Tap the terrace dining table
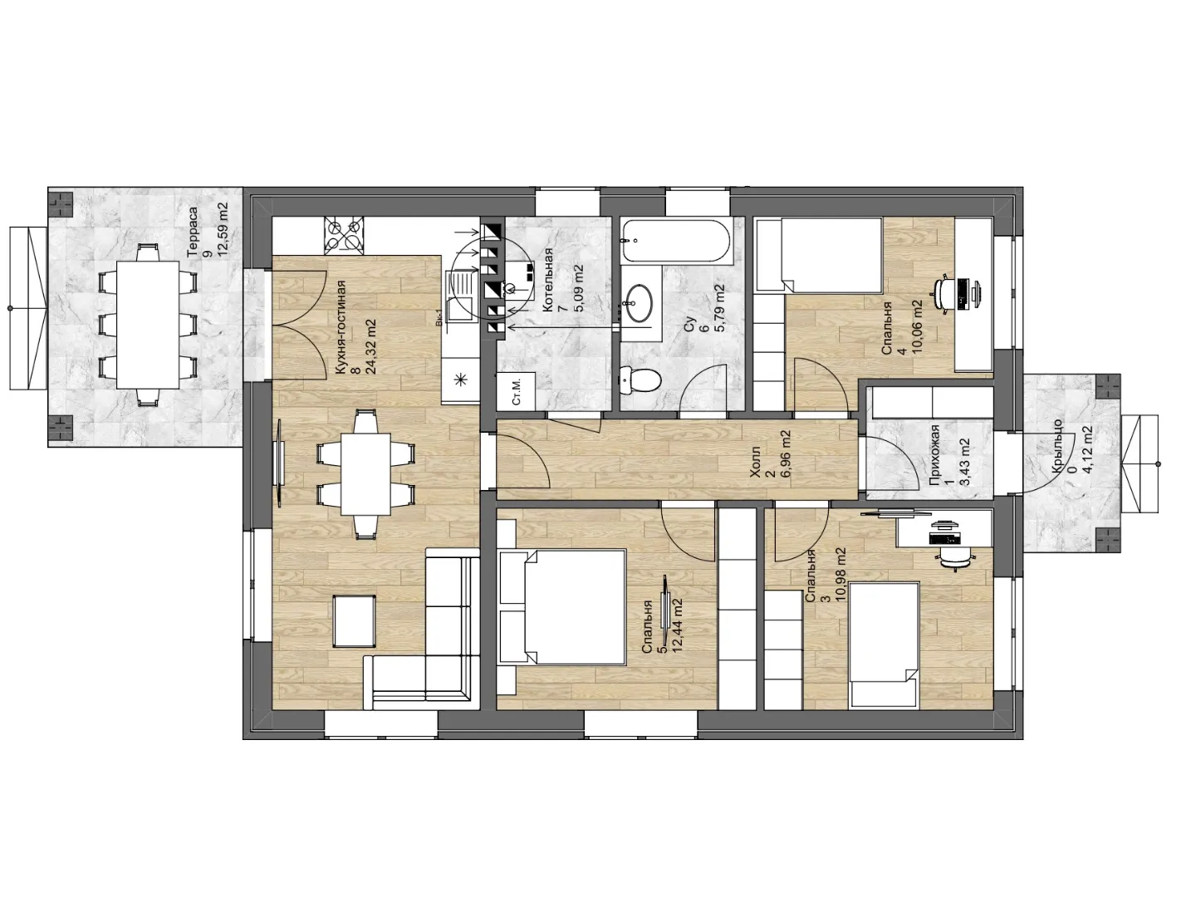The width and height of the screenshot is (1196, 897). [x=148, y=325]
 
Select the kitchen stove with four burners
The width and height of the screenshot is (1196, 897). [x=345, y=236]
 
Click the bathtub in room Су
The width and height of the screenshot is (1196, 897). [x=676, y=240]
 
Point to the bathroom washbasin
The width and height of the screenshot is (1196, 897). [x=639, y=303]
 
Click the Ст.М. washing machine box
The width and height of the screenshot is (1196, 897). [x=517, y=391]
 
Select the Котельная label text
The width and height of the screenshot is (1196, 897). [x=548, y=279]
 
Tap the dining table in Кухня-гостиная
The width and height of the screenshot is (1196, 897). [x=365, y=473]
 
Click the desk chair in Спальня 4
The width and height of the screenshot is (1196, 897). [x=945, y=295]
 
